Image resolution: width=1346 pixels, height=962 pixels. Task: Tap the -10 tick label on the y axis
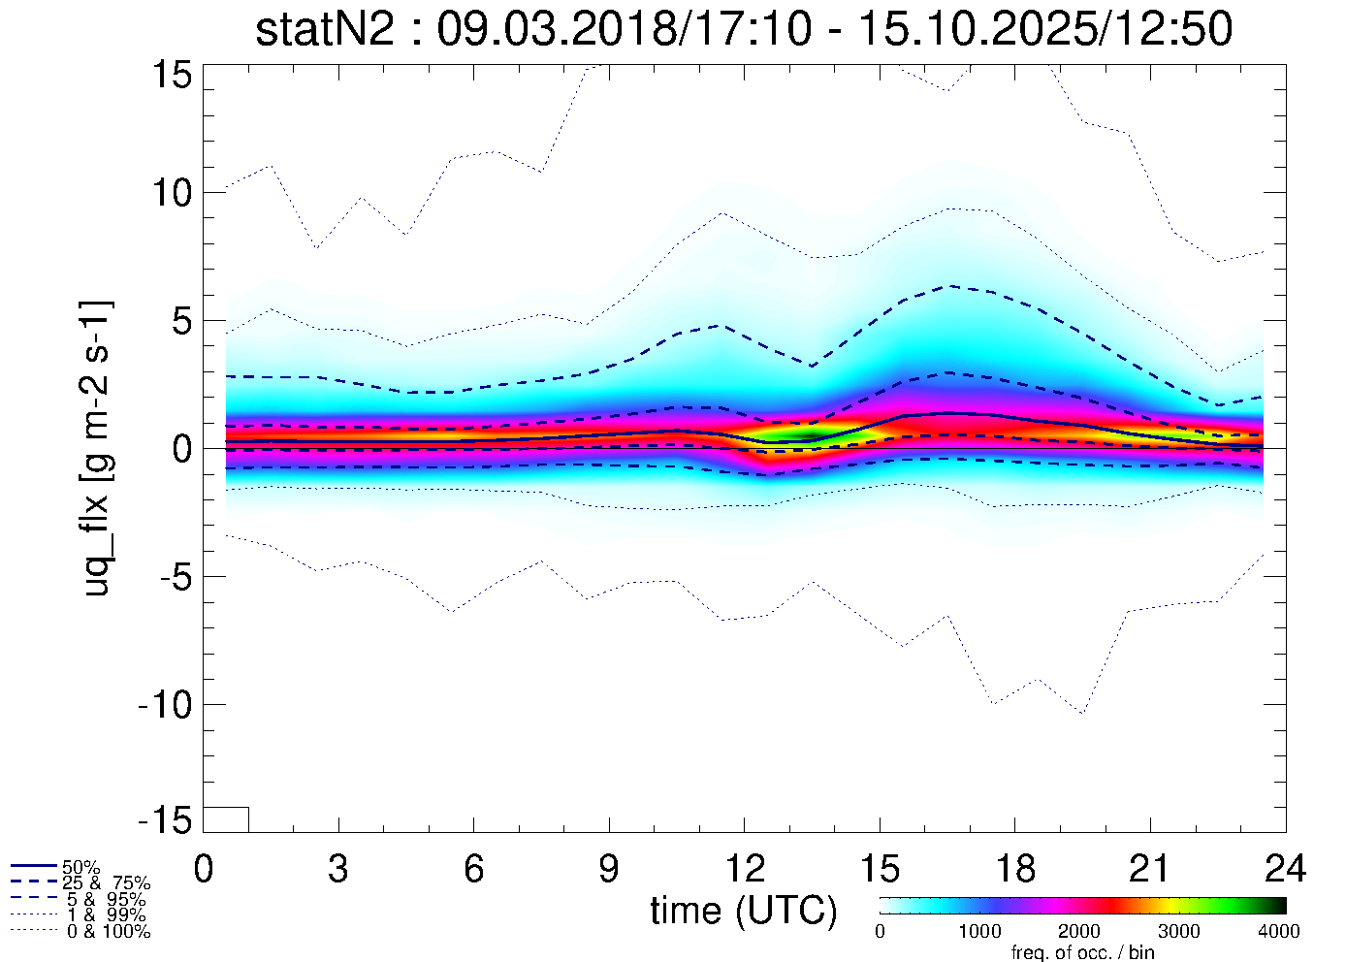point(166,705)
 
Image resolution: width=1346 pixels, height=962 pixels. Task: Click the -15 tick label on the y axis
point(166,821)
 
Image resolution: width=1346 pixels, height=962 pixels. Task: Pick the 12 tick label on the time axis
point(744,869)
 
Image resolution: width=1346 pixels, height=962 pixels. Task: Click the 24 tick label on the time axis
point(1285,869)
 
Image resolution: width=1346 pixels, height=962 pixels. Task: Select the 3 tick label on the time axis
point(338,869)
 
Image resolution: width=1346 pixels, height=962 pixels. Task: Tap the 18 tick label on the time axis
point(1014,869)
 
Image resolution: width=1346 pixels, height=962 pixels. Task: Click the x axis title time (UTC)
point(743,911)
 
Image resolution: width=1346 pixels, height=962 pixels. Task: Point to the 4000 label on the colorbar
point(1279,932)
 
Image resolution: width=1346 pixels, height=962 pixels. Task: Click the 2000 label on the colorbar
point(1079,932)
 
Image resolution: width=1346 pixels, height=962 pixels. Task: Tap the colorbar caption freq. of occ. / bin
point(1082,952)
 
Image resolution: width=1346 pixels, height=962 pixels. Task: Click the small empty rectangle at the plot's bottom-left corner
point(226,819)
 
